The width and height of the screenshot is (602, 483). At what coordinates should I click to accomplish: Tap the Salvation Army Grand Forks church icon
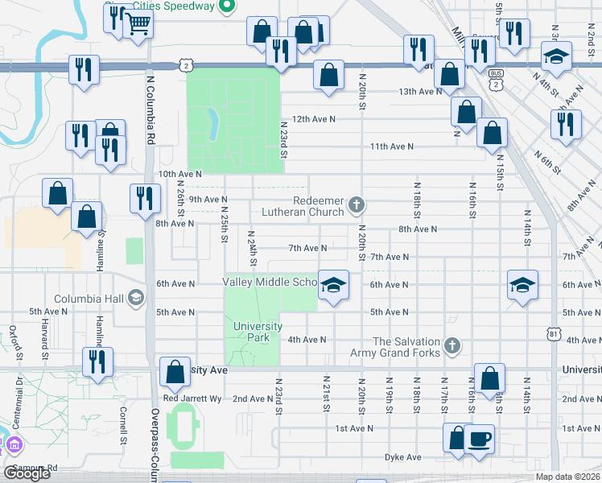tap(452, 346)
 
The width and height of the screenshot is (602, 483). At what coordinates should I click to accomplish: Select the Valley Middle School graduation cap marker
tap(333, 284)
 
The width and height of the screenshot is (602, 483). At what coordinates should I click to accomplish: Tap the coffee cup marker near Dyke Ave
tap(480, 439)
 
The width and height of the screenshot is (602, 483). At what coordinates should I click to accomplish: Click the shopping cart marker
tap(138, 25)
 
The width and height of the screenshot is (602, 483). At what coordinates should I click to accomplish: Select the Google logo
tap(27, 473)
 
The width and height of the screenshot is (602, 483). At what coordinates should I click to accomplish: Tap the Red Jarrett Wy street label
tap(192, 398)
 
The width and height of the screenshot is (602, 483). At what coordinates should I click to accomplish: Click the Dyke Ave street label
tap(402, 457)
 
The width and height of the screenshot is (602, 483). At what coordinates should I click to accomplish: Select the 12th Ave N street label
tap(313, 118)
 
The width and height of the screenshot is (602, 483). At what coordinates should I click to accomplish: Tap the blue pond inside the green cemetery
tap(214, 125)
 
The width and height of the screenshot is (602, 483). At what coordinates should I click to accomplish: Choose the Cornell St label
tap(123, 424)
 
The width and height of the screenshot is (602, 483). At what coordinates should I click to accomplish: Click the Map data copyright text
tap(567, 477)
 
